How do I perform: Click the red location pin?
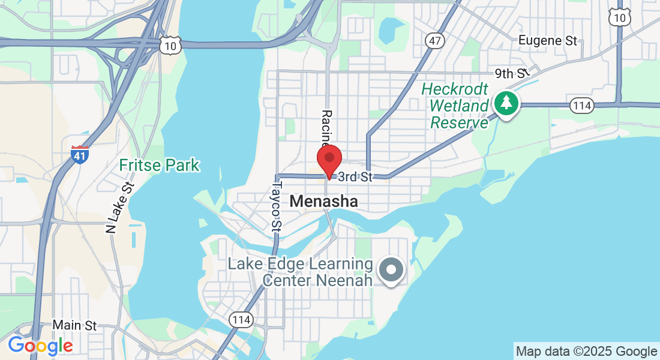tap(329, 159)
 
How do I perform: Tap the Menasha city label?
tap(323, 202)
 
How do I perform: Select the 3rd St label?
tap(355, 177)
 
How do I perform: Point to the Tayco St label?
tap(277, 207)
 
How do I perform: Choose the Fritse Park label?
tap(159, 165)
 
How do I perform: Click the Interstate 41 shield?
tap(80, 154)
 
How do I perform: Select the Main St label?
tap(74, 325)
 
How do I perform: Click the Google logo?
tap(40, 346)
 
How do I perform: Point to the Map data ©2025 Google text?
tap(586, 352)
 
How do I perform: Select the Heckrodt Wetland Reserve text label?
tap(455, 106)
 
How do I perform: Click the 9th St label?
tap(511, 74)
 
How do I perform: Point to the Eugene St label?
tap(547, 41)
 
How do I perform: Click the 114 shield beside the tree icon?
tap(581, 106)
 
